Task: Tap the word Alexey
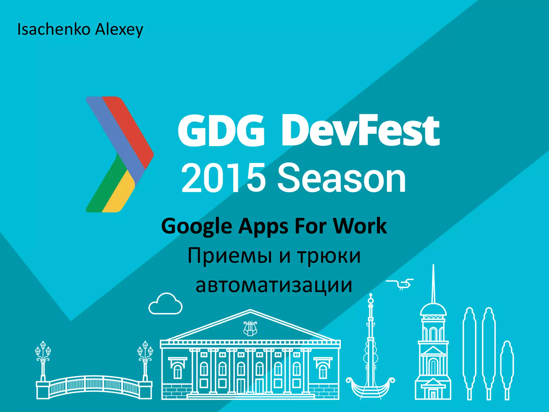click(119, 30)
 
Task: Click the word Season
click(342, 178)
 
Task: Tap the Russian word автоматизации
click(274, 285)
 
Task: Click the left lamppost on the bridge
click(43, 359)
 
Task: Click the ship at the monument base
click(370, 386)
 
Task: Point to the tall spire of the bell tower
click(433, 284)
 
